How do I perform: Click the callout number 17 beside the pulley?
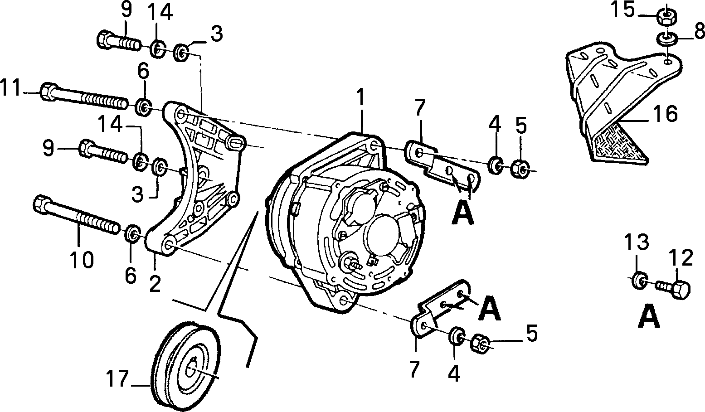pos(117,378)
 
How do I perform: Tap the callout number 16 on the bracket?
pos(664,114)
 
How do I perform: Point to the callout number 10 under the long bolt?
pos(82,260)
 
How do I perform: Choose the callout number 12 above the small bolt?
pos(681,258)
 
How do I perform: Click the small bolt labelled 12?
pos(673,289)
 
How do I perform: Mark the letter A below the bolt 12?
pos(649,317)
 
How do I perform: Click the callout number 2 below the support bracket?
pos(155,284)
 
